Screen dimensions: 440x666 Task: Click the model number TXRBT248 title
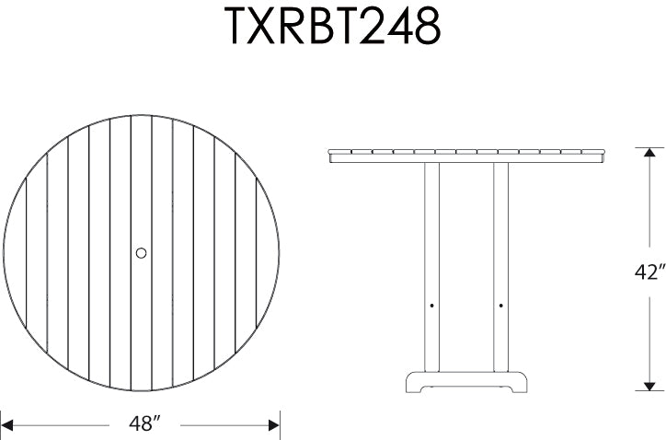click(x=333, y=29)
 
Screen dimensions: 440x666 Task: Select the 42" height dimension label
click(x=649, y=272)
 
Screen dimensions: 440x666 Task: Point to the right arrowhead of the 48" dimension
click(x=273, y=424)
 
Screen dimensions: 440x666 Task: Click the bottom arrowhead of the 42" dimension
click(x=649, y=388)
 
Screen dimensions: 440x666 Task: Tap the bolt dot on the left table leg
click(x=432, y=304)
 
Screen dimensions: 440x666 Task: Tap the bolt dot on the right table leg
click(x=501, y=304)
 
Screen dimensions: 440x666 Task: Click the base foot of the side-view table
click(x=466, y=383)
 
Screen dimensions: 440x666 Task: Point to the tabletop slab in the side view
click(x=466, y=155)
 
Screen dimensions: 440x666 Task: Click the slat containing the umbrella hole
click(x=142, y=304)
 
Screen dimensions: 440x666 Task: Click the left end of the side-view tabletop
click(x=332, y=155)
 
